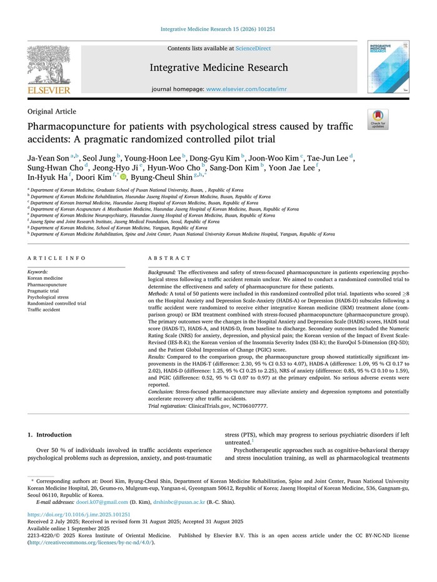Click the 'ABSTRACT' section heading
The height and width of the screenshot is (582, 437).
[169, 258]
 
